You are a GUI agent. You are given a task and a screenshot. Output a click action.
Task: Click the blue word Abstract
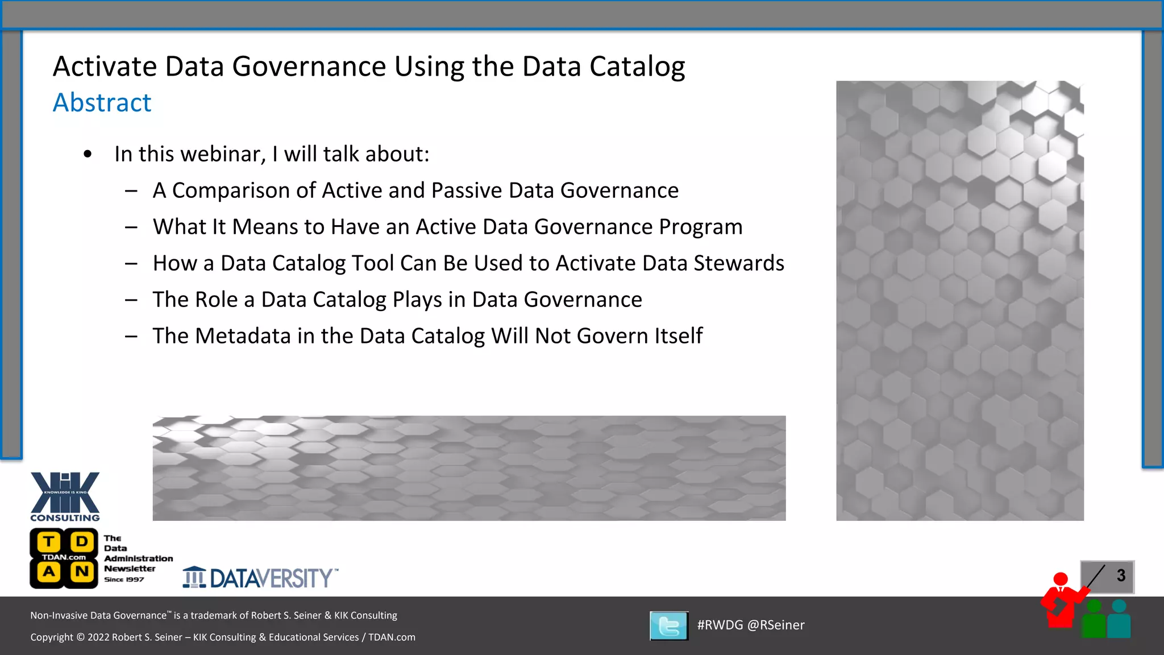point(102,103)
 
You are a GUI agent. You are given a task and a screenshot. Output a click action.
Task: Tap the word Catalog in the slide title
point(637,67)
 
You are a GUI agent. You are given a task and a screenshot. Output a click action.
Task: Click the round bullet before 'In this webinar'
point(88,154)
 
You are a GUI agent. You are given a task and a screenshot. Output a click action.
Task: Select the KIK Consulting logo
point(65,496)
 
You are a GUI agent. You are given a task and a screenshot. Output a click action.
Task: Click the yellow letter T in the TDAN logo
point(49,541)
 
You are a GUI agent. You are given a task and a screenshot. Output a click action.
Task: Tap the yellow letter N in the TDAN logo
point(82,571)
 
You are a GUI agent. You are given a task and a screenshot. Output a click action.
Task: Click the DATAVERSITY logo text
point(271,578)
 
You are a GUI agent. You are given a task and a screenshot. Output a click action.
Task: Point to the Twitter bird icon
point(669,626)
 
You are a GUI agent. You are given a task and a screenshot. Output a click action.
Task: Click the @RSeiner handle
point(776,625)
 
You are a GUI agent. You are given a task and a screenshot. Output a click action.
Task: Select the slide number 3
point(1121,575)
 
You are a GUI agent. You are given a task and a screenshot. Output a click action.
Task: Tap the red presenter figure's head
point(1061,579)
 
